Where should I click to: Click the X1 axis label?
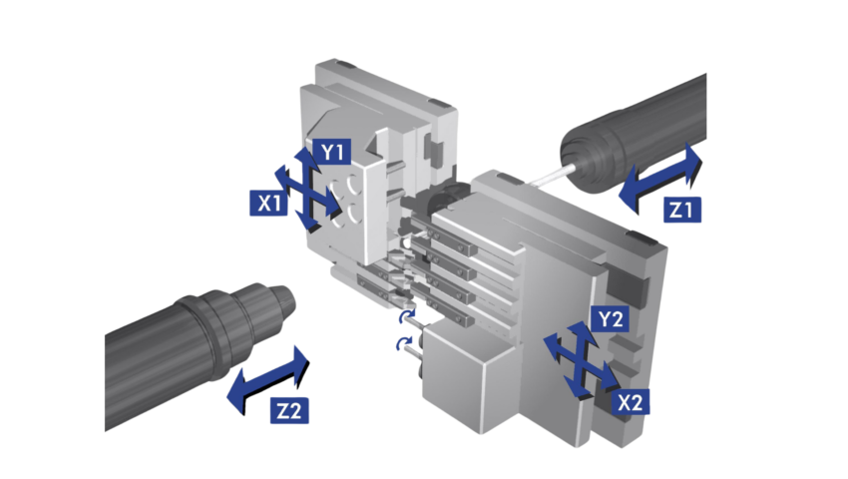pyautogui.click(x=268, y=203)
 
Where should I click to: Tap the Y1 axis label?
pyautogui.click(x=331, y=152)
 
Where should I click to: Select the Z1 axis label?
pyautogui.click(x=682, y=210)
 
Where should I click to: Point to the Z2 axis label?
pyautogui.click(x=289, y=411)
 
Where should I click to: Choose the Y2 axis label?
pyautogui.click(x=611, y=319)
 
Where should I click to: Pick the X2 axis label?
pyautogui.click(x=631, y=403)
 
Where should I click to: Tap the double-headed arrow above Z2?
pyautogui.click(x=268, y=380)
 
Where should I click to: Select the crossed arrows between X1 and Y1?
pyautogui.click(x=307, y=190)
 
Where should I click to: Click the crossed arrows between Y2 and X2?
pyautogui.click(x=581, y=359)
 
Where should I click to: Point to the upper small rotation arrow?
pyautogui.click(x=407, y=316)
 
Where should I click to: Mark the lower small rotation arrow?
pyautogui.click(x=403, y=343)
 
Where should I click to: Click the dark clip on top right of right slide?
pyautogui.click(x=639, y=238)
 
